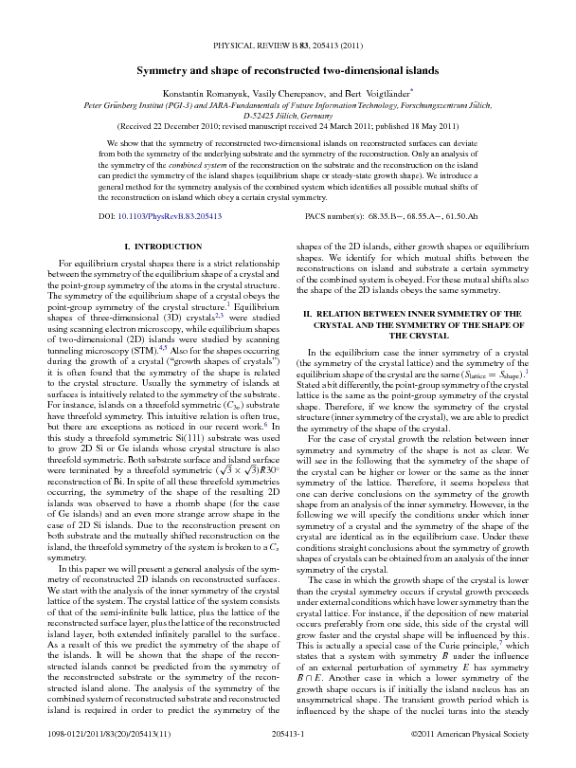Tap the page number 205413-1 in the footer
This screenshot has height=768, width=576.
pyautogui.click(x=288, y=737)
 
